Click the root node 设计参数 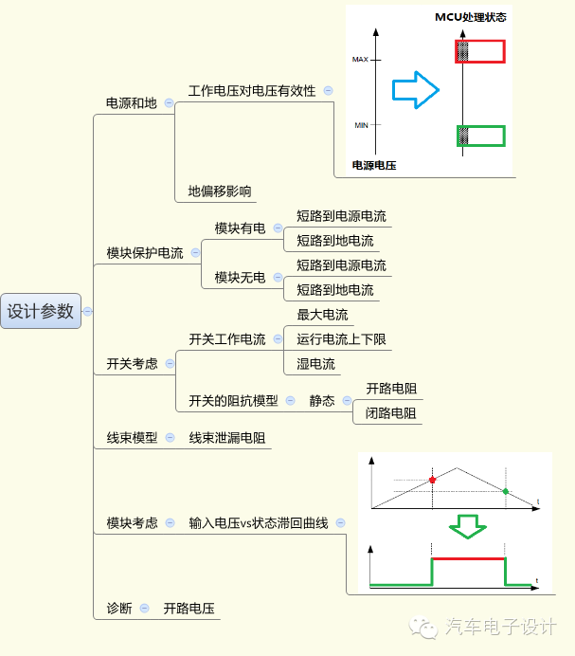[40, 311]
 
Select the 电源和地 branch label [131, 102]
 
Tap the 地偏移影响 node [220, 191]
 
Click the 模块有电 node [240, 228]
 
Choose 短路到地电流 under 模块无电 [334, 290]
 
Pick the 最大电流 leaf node [322, 315]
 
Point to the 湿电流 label [315, 364]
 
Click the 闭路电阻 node [391, 413]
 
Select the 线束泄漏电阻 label [226, 438]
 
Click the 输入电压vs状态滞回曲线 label [258, 522]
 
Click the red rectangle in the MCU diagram [481, 51]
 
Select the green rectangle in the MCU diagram [481, 136]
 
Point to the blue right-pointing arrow [416, 90]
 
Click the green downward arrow [466, 526]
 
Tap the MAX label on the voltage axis [360, 60]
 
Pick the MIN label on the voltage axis [360, 125]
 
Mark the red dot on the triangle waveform [433, 480]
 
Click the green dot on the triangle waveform [505, 491]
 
